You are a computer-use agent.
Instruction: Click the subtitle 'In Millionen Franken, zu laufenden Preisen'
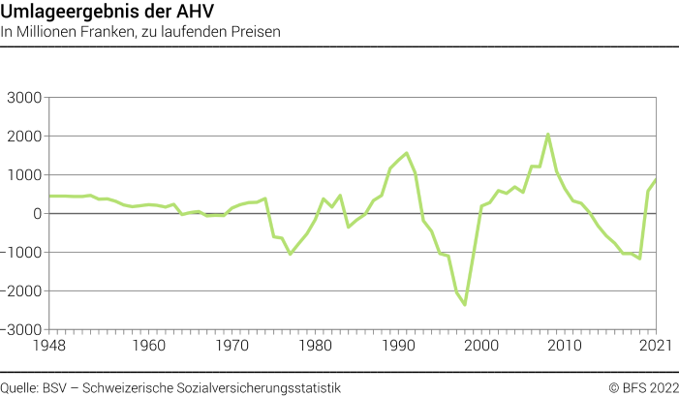pyautogui.click(x=140, y=32)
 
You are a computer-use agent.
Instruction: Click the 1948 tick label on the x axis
pyautogui.click(x=49, y=345)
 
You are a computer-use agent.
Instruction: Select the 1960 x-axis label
pyautogui.click(x=148, y=345)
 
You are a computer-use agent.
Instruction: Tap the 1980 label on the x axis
pyautogui.click(x=314, y=345)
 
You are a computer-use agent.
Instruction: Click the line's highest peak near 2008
pyautogui.click(x=547, y=135)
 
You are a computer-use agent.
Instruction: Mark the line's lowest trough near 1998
pyautogui.click(x=465, y=304)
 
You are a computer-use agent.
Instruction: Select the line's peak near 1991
pyautogui.click(x=407, y=153)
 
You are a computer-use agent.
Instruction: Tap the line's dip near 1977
pyautogui.click(x=291, y=254)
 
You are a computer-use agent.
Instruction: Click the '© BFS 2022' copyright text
pyautogui.click(x=641, y=387)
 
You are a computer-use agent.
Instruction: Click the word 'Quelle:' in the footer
pyautogui.click(x=20, y=387)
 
